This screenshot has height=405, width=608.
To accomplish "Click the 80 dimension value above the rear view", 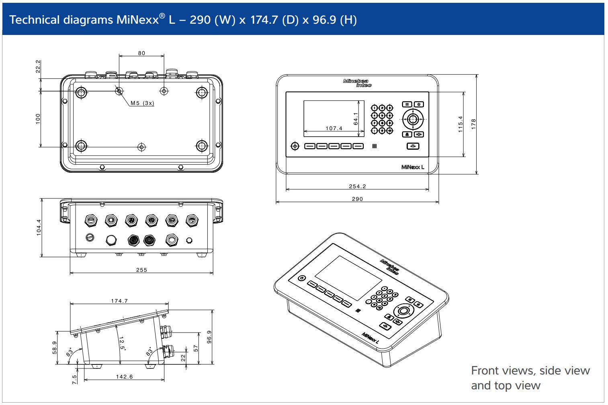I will (x=141, y=53).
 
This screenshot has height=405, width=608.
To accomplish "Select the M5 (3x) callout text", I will (x=142, y=103).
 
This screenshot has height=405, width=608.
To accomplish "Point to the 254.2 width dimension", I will (x=357, y=186).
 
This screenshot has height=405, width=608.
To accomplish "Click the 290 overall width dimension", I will (x=357, y=199).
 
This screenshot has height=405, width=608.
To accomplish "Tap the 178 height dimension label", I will (x=473, y=123).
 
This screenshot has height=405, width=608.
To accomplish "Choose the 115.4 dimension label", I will (x=461, y=124).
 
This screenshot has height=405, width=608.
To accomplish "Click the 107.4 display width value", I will (x=334, y=129).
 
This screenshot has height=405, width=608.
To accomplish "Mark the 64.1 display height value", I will (x=356, y=119).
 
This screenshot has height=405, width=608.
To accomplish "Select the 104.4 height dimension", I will (x=39, y=227).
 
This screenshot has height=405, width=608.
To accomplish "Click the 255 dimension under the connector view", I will (x=141, y=270).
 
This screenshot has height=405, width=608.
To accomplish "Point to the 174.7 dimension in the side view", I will (x=119, y=301).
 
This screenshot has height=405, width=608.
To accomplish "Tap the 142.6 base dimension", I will (x=124, y=377).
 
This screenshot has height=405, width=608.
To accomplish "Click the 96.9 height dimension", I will (x=209, y=337).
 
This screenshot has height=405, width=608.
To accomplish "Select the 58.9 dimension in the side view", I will (x=55, y=348).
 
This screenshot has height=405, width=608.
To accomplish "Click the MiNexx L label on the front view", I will (x=413, y=167).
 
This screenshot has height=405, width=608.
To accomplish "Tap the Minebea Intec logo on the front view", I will (x=357, y=83).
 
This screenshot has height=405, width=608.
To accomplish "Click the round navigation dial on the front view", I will (x=412, y=119).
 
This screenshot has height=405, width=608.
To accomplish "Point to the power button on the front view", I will (x=295, y=146).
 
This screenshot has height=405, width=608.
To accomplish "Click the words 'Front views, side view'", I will (x=530, y=370).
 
